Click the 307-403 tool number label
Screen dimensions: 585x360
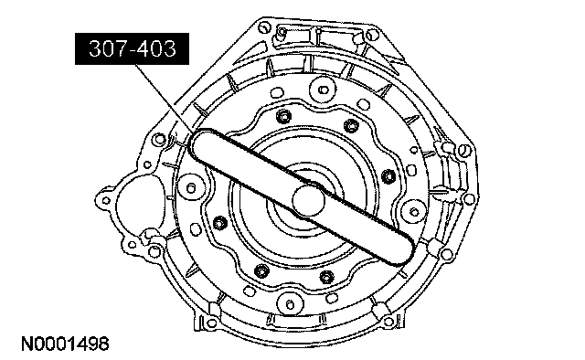132,48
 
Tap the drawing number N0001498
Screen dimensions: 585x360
65,344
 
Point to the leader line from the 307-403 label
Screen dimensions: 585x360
165,98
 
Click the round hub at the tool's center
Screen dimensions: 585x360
308,200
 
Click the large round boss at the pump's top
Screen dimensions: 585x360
323,90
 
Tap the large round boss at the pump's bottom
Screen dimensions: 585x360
291,303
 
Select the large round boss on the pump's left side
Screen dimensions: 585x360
191,187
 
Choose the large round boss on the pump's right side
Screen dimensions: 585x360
414,213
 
